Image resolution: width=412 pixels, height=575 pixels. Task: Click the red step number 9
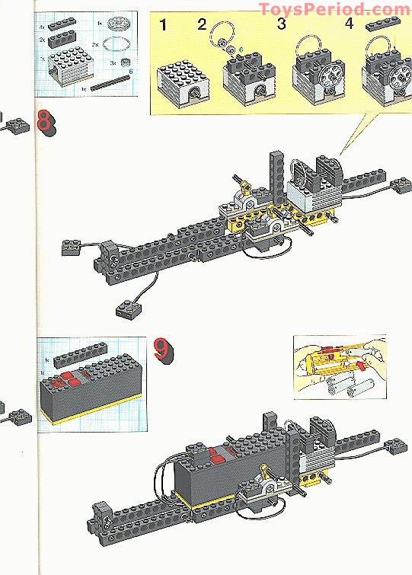(162, 349)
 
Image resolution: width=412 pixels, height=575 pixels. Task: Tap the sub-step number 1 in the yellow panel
(163, 24)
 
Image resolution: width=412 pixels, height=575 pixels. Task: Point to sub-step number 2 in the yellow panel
(202, 24)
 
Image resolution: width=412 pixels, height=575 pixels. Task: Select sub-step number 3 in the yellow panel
(281, 24)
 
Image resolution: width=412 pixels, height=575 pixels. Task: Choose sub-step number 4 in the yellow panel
(350, 24)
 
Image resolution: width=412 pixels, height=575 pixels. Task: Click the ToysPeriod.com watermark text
(334, 9)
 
